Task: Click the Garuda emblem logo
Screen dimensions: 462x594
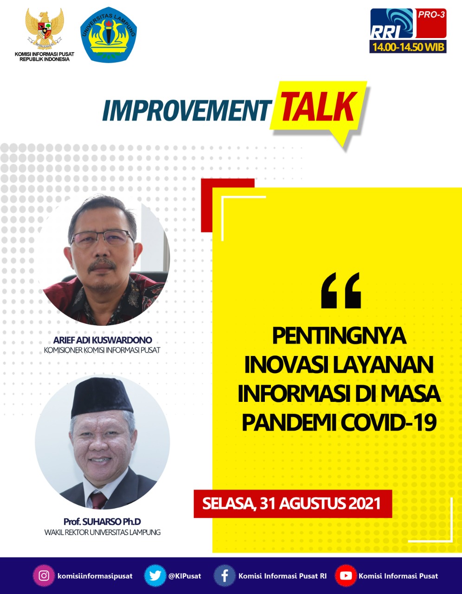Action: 45,28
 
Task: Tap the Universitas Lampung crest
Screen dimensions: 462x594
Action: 109,35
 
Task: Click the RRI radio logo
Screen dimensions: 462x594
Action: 391,24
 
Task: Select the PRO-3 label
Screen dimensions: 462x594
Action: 431,15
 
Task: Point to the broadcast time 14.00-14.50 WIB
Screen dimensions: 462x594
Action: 408,47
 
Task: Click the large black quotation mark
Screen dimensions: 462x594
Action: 341,291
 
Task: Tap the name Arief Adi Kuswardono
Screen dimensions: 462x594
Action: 103,340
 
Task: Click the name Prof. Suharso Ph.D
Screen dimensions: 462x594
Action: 102,522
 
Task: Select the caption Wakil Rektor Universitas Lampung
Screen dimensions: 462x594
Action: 103,532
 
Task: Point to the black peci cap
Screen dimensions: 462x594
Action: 102,397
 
